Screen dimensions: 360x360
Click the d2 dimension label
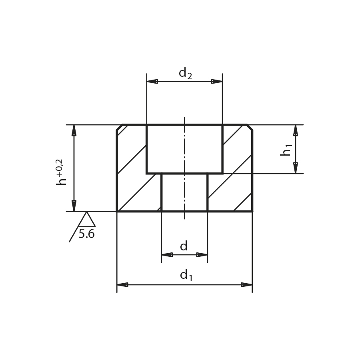[x=185, y=73]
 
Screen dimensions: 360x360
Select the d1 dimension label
[x=186, y=275]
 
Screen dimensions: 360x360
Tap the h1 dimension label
[x=286, y=150]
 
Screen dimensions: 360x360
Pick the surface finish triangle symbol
[x=86, y=220]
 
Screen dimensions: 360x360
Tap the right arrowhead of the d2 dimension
[x=217, y=82]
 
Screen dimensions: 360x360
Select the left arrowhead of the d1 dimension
[x=122, y=285]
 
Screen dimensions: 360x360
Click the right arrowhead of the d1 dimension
[x=247, y=285]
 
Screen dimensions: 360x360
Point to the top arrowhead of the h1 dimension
[x=296, y=130]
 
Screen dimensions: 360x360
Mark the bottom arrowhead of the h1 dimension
[x=296, y=168]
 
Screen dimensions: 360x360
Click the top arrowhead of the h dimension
[x=74, y=130]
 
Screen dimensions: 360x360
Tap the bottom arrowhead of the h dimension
[x=74, y=206]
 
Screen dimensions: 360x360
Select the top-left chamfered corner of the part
[x=119, y=127]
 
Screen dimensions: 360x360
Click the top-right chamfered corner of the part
[x=250, y=127]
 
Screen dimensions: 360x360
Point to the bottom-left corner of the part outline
[x=117, y=211]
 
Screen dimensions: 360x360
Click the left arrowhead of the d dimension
[x=167, y=255]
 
